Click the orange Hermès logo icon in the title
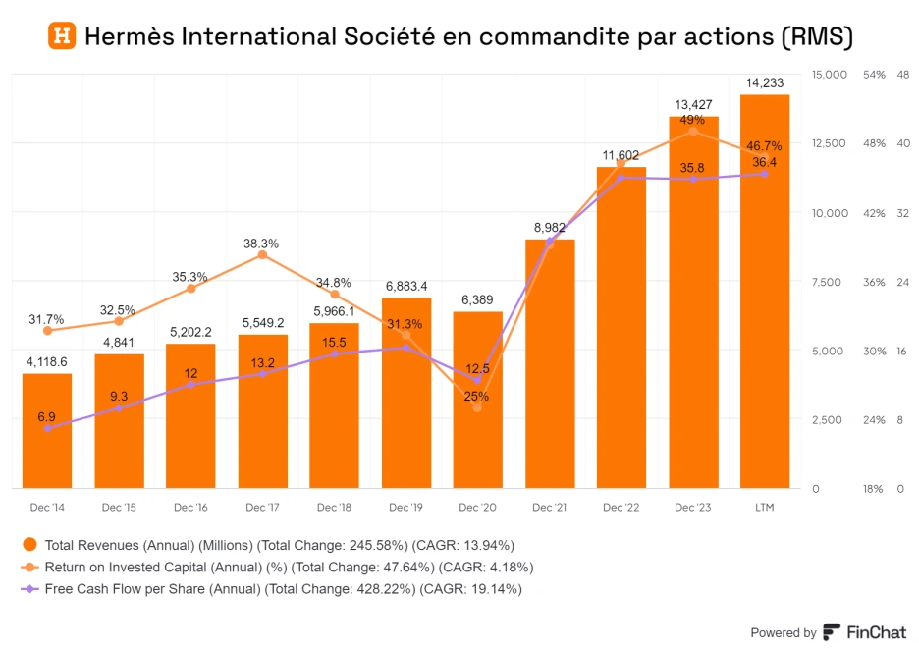[62, 36]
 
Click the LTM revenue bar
[765, 295]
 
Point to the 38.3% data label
[261, 244]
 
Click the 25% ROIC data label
[477, 397]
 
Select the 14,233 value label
[765, 84]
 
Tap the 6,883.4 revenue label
[405, 287]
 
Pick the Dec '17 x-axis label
[262, 508]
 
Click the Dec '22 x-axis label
[622, 508]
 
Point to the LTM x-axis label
[765, 508]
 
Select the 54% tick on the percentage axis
[874, 75]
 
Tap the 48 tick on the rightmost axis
[903, 75]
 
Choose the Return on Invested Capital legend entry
[276, 568]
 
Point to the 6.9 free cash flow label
[46, 417]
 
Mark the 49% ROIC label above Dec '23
[693, 119]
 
